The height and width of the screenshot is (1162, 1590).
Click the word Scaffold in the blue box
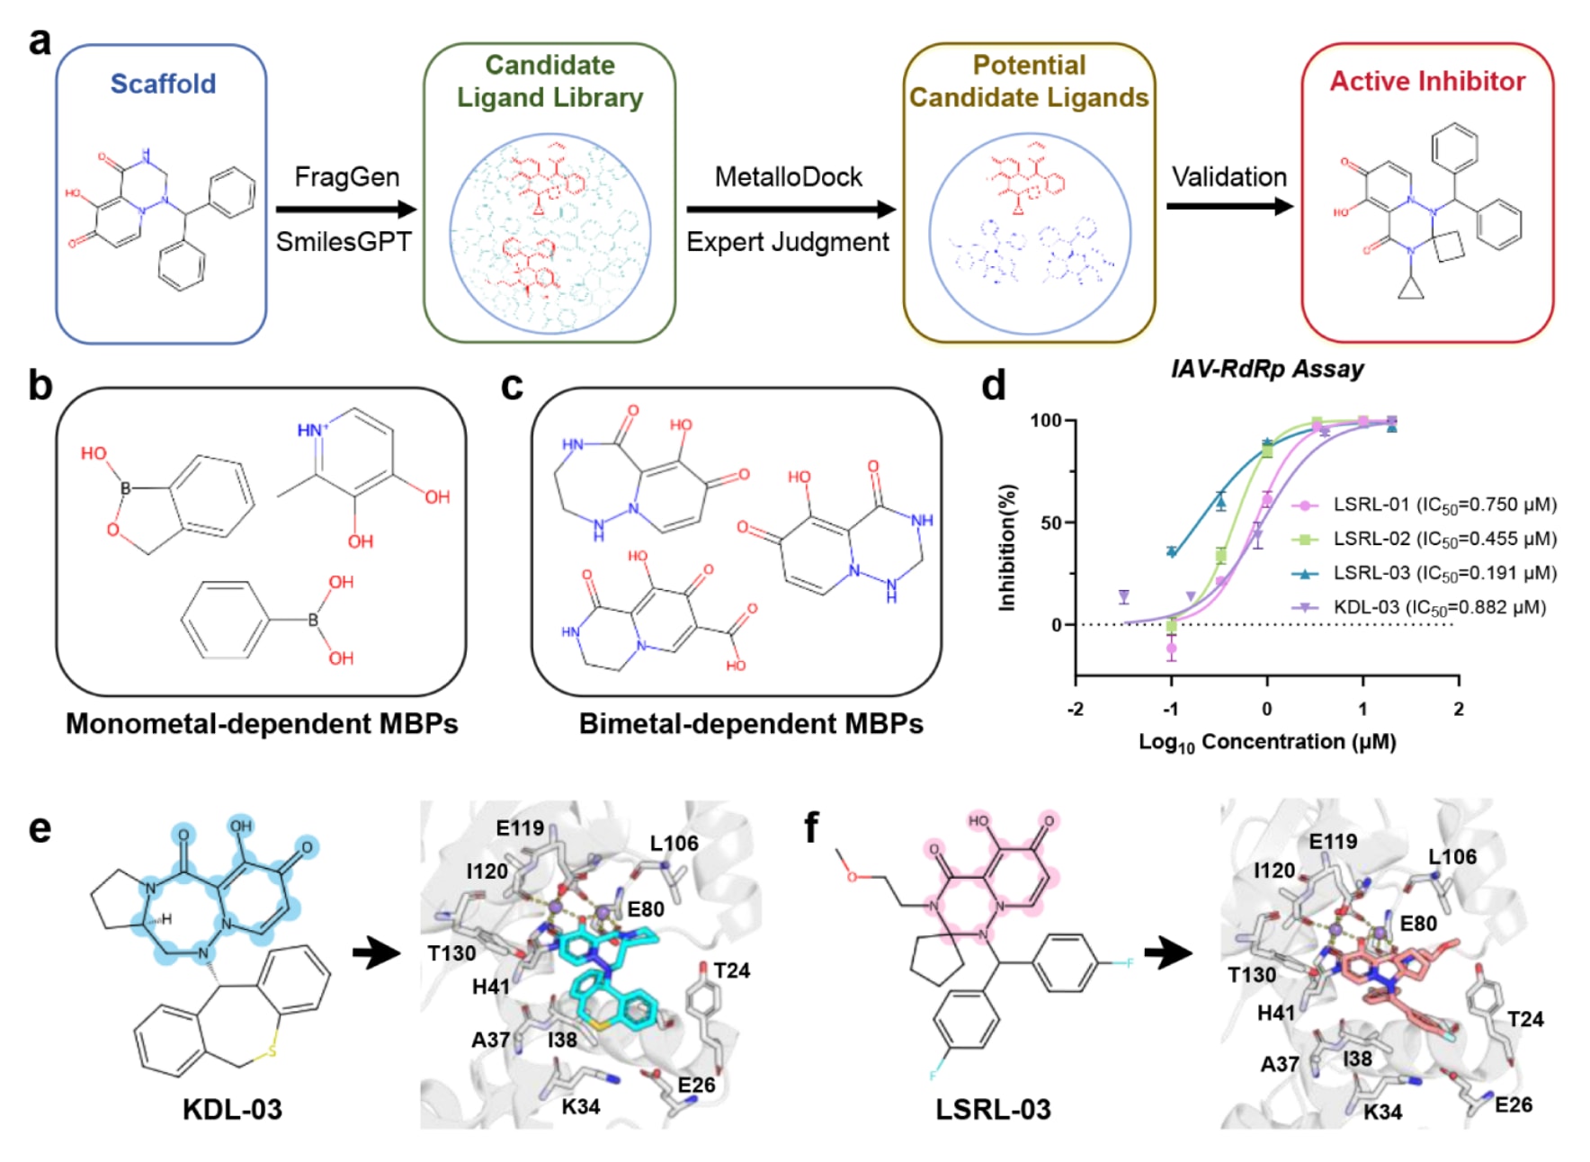point(163,84)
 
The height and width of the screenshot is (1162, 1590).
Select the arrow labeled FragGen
point(346,210)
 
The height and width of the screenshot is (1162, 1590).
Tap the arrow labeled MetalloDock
point(791,210)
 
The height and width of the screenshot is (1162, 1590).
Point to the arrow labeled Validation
point(1228,206)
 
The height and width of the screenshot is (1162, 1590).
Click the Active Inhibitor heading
point(1427,81)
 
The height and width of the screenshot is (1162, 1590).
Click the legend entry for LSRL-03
point(1443,573)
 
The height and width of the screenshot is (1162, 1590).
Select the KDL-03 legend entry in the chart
point(1439,607)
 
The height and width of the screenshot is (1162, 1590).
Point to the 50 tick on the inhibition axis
point(1051,523)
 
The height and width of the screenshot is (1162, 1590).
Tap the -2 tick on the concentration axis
point(1076,709)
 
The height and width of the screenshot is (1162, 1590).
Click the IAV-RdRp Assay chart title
point(1266,369)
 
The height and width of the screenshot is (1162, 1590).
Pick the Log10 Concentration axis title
point(1266,742)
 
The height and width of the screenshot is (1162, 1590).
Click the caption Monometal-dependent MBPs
point(262,724)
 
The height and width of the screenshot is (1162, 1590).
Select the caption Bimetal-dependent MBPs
point(751,724)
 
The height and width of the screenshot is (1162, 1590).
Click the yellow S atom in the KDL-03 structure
point(272,1051)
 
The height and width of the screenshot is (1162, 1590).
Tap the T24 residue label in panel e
point(731,970)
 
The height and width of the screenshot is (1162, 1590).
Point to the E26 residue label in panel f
point(1513,1104)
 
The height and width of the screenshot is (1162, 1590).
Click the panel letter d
point(993,386)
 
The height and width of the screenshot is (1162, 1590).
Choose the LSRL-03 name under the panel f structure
point(993,1109)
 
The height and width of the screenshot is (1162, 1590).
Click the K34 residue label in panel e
point(580,1106)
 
